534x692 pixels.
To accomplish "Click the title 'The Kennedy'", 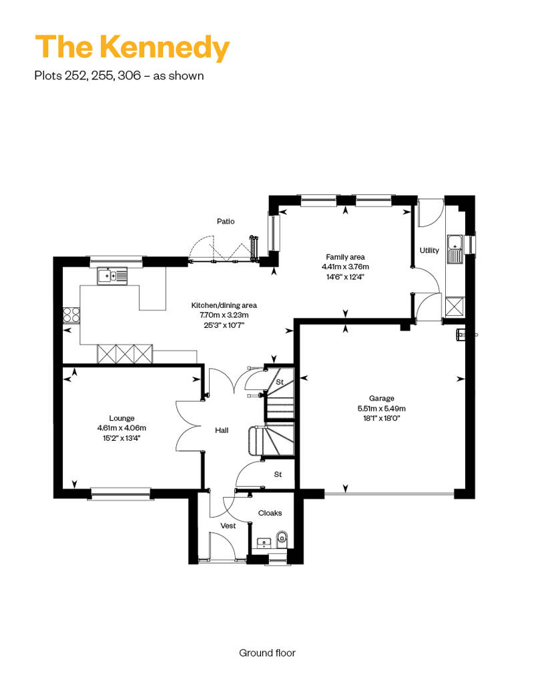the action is pyautogui.click(x=132, y=47).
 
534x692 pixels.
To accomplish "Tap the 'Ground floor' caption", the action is pyautogui.click(x=267, y=653).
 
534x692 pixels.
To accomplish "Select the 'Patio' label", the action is pyautogui.click(x=226, y=221).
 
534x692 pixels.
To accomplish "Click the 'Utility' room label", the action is pyautogui.click(x=429, y=250).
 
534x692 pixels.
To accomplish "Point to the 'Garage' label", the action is pyautogui.click(x=381, y=398).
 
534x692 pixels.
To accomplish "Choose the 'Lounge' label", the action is pyautogui.click(x=121, y=418).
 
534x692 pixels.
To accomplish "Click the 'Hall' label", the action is pyautogui.click(x=222, y=430).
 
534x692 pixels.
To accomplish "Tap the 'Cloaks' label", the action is pyautogui.click(x=270, y=513).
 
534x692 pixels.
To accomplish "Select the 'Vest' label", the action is pyautogui.click(x=228, y=526).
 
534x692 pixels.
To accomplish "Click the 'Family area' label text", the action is pyautogui.click(x=345, y=257).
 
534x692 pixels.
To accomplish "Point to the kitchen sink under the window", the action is pyautogui.click(x=112, y=276).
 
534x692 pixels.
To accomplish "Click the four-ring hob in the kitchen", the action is pyautogui.click(x=72, y=315).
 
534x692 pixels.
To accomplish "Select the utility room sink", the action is pyautogui.click(x=455, y=249).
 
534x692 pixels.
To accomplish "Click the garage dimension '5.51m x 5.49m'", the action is pyautogui.click(x=381, y=408).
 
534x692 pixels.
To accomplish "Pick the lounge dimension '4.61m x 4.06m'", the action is pyautogui.click(x=121, y=427).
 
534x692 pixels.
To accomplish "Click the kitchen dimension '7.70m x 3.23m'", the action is pyautogui.click(x=224, y=315).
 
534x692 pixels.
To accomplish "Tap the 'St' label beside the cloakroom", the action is pyautogui.click(x=278, y=474).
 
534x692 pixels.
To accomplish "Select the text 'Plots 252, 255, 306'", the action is pyautogui.click(x=87, y=75).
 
